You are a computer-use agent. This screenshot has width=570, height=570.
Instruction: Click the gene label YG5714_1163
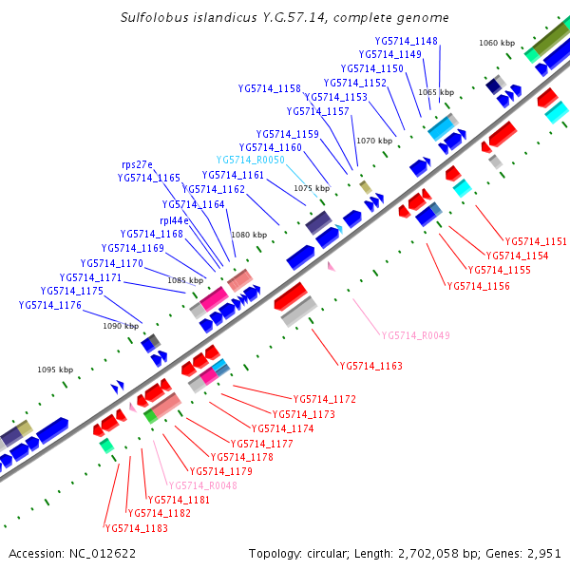click(370, 366)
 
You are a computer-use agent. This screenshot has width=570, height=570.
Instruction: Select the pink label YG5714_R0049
click(415, 335)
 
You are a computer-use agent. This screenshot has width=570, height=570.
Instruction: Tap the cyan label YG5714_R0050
click(251, 160)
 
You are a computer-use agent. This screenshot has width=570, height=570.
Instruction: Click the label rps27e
click(137, 164)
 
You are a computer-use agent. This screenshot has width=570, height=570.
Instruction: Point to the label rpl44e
click(174, 220)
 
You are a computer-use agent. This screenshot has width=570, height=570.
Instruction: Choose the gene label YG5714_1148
click(407, 41)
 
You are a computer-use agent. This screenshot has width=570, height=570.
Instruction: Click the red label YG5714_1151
click(536, 241)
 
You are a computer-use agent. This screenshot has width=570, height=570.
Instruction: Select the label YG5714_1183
click(136, 527)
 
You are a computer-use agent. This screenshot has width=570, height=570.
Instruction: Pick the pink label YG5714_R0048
click(202, 485)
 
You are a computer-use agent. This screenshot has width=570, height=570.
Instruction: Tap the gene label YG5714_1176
click(50, 305)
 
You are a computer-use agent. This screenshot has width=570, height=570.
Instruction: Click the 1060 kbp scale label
click(496, 43)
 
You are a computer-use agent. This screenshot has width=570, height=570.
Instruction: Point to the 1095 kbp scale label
click(55, 370)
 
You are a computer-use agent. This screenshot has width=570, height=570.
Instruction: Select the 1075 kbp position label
click(312, 188)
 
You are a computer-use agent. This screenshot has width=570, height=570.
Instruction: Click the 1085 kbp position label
click(185, 280)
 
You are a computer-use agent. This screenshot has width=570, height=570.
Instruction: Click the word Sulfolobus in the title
click(154, 18)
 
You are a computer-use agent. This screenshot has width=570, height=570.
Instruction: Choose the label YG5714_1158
click(269, 88)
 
